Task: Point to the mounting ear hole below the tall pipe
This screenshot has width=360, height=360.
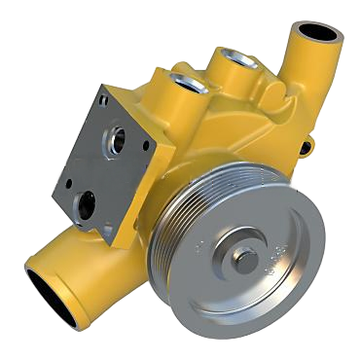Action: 307,147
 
